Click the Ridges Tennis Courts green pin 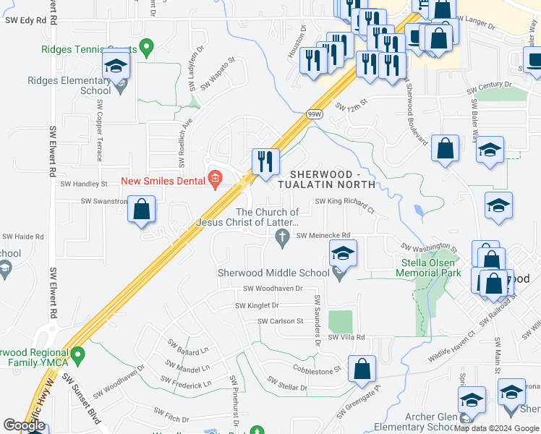(147, 49)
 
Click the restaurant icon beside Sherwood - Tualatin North (265, 161)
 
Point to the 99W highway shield (314, 114)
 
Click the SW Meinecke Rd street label (323, 235)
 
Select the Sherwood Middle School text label (273, 273)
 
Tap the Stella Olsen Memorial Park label (428, 268)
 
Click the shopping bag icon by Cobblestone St (362, 369)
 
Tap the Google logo (24, 425)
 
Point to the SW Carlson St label (281, 320)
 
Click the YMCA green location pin (80, 354)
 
